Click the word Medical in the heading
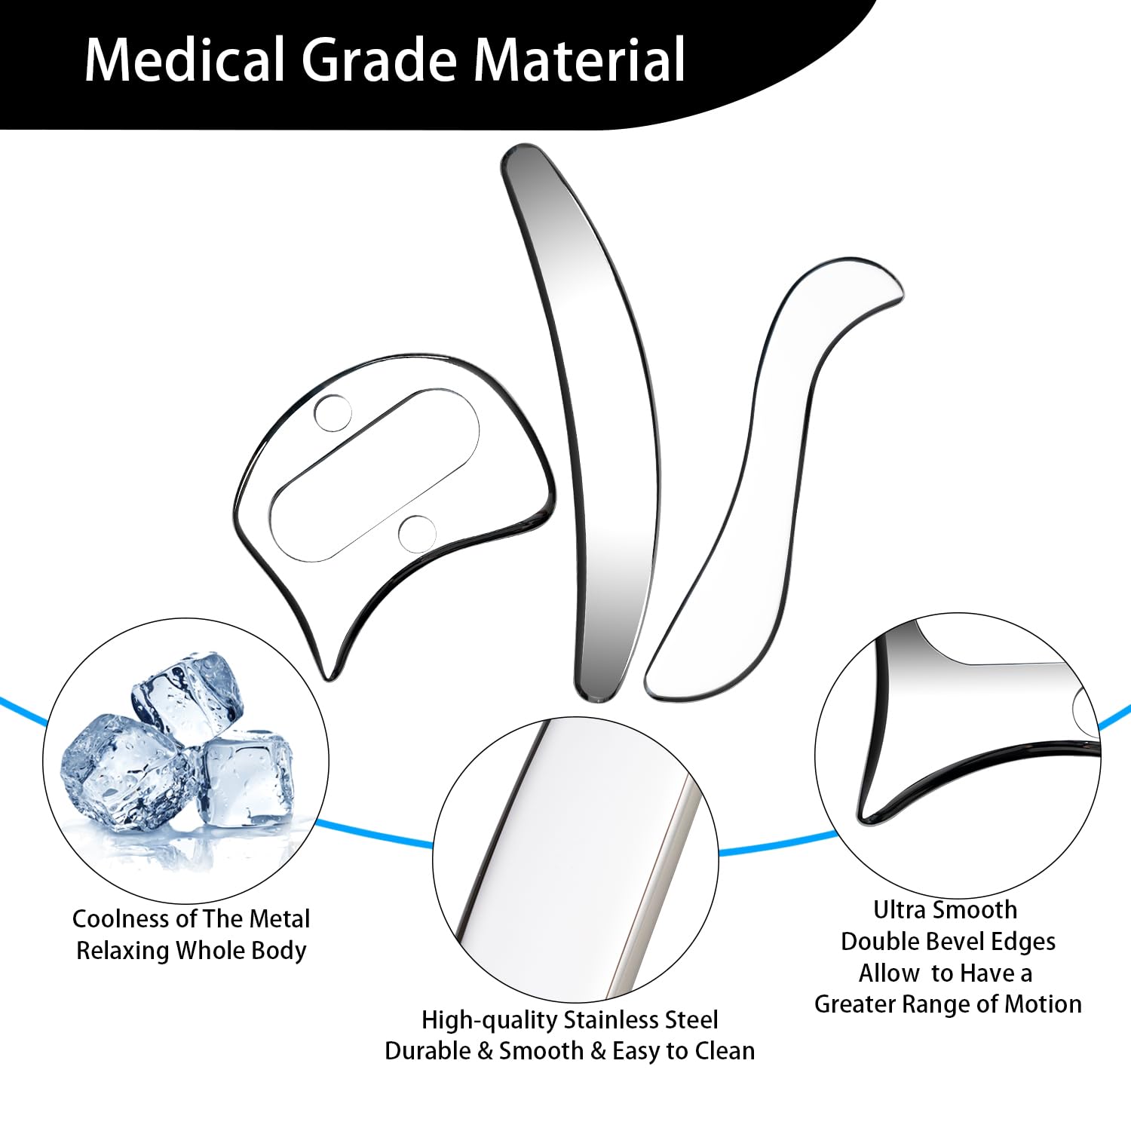185,60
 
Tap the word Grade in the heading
379,60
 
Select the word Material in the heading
580,60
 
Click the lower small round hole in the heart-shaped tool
417,532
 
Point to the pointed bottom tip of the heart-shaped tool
329,671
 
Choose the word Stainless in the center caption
618,1020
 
